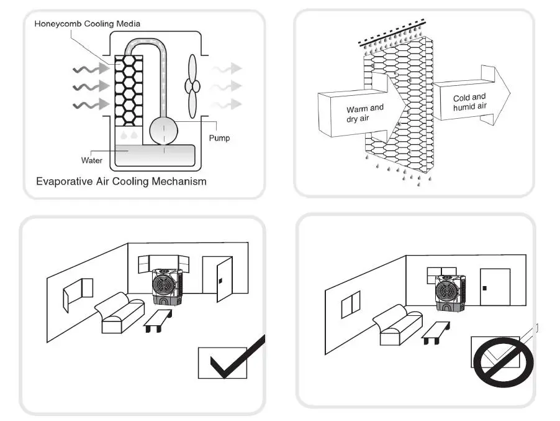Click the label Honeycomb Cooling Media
[87, 24]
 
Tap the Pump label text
[219, 137]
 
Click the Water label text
[91, 160]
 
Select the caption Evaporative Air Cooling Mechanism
[121, 182]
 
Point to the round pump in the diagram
[165, 130]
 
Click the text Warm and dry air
[364, 113]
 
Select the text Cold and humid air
[469, 102]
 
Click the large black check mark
[237, 359]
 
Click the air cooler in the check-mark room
[166, 286]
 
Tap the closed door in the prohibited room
[495, 287]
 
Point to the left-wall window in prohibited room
[351, 304]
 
